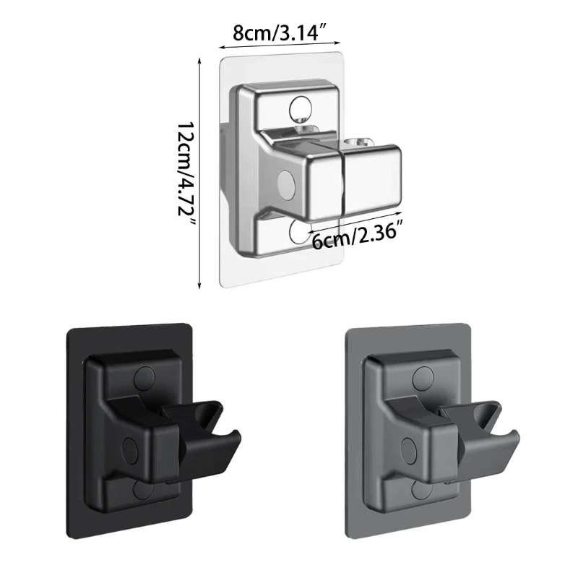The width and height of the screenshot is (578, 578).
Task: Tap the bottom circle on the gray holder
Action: [421, 490]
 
